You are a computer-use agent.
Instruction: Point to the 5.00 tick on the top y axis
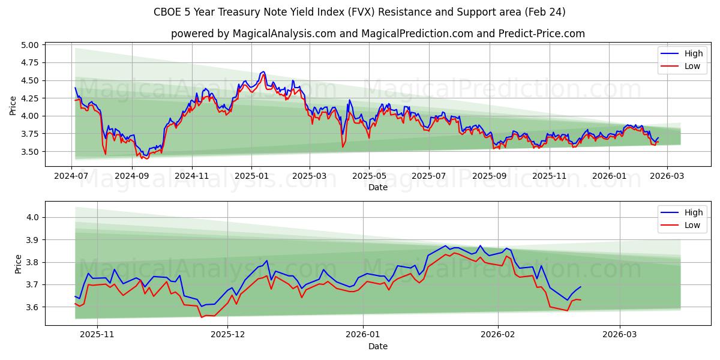(x=29, y=45)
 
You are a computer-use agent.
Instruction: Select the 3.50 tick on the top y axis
(x=29, y=152)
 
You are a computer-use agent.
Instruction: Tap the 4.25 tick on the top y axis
(x=29, y=98)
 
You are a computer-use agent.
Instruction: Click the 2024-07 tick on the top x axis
(x=72, y=176)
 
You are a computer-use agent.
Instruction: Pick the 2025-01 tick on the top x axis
(x=251, y=176)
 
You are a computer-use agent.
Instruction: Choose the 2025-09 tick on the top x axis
(x=490, y=176)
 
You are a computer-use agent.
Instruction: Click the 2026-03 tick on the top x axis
(x=666, y=176)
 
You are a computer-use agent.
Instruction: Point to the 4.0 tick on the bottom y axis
(x=34, y=218)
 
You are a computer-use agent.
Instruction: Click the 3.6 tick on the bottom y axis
(x=34, y=307)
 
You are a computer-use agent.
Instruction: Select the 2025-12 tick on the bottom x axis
(x=228, y=335)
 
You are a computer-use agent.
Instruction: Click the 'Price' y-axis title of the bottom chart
(x=18, y=264)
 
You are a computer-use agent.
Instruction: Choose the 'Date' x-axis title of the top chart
(x=377, y=187)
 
